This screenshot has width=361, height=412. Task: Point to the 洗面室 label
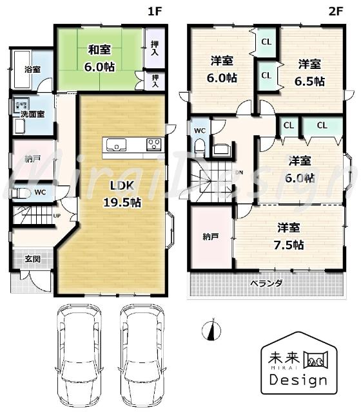click(x=32, y=114)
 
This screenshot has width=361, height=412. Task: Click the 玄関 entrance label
click(x=32, y=259)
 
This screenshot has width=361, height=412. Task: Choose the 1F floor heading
click(x=153, y=11)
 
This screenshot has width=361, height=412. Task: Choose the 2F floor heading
click(x=334, y=11)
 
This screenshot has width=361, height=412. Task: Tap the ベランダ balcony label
click(x=266, y=283)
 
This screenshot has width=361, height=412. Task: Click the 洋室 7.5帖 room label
click(x=291, y=236)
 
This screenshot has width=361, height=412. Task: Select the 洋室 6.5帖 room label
click(x=311, y=73)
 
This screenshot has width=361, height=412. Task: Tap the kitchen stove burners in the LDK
click(x=154, y=144)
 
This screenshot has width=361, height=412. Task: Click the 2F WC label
click(x=200, y=129)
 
